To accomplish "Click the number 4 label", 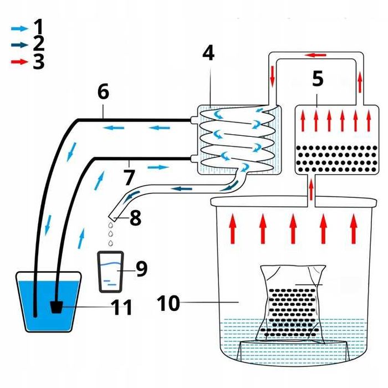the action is click(208, 53).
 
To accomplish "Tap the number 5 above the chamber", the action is click(318, 79).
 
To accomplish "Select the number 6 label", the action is click(103, 91).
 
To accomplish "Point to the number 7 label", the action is click(129, 177).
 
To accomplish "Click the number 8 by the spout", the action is click(136, 218).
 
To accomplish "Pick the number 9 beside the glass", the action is click(142, 269).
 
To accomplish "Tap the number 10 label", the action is click(169, 303).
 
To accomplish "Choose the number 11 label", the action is click(122, 307).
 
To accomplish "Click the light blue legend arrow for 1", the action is click(20, 29).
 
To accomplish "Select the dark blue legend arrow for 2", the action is click(20, 45).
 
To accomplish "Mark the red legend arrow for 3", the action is click(20, 62).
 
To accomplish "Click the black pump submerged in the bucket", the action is click(57, 307).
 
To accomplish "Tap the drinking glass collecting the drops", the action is click(110, 272).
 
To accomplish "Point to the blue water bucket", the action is click(49, 302).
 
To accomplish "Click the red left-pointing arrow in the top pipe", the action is click(315, 55).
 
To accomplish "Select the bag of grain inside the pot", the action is click(293, 304).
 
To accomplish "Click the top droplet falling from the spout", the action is click(110, 225).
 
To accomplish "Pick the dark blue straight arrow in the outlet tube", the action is click(182, 189).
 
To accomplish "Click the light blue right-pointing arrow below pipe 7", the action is click(158, 167).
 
